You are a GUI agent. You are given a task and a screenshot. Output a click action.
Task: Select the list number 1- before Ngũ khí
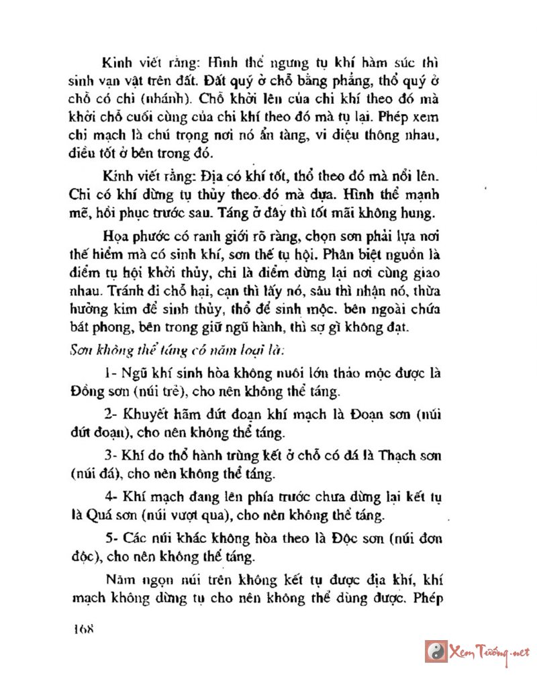coord(111,373)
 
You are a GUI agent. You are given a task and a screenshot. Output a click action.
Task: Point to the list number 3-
coord(111,456)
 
